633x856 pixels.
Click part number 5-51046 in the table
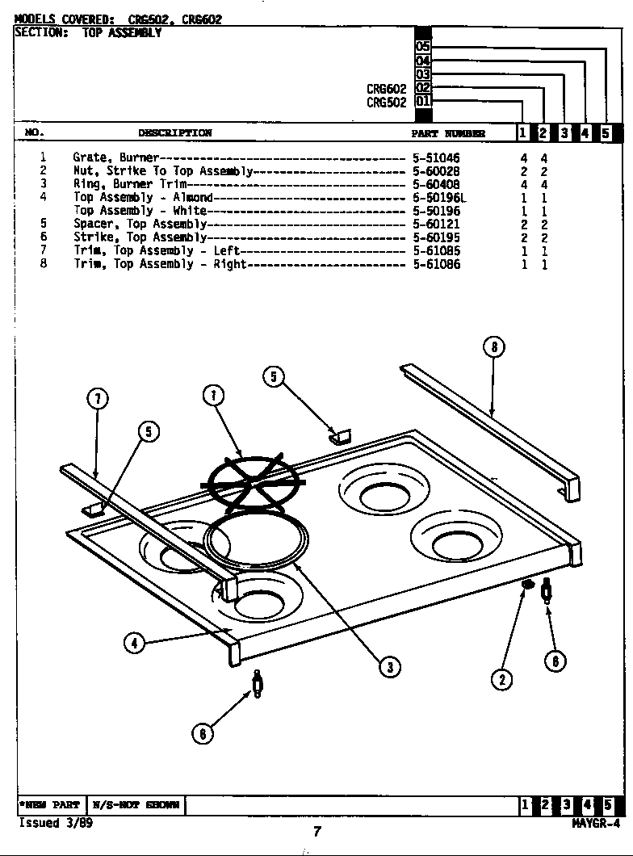tap(435, 158)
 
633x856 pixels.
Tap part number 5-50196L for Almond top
tap(439, 198)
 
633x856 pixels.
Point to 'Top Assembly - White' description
tap(140, 211)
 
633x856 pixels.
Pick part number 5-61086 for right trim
tap(436, 264)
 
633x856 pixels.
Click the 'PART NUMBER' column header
tap(448, 133)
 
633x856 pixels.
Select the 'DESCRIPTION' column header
tap(174, 133)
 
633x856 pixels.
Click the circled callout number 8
tap(494, 348)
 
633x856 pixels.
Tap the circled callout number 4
tap(134, 643)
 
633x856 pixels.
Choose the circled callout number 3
tap(389, 666)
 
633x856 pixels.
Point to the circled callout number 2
tap(502, 679)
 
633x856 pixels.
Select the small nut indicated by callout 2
tap(527, 584)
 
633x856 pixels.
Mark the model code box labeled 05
tap(423, 47)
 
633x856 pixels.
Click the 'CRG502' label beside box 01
tap(386, 103)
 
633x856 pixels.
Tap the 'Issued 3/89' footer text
tap(50, 823)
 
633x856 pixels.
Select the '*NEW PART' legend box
tap(50, 805)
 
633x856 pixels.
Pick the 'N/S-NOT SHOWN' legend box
tap(135, 805)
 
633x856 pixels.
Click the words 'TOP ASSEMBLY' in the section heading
tap(122, 33)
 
